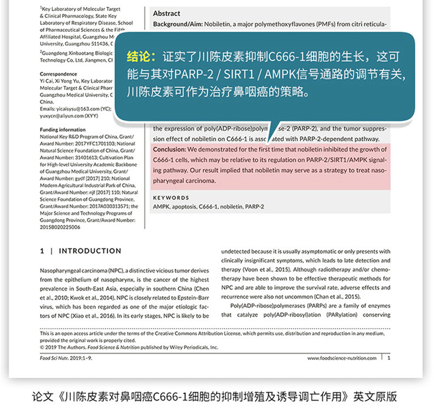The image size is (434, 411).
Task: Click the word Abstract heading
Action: (x=166, y=13)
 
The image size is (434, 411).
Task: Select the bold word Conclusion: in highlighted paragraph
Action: (x=170, y=149)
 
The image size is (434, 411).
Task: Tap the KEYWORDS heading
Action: (x=171, y=197)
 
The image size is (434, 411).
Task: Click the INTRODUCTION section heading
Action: (x=90, y=251)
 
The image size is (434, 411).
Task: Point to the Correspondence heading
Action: (x=59, y=74)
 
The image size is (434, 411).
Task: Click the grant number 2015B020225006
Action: (x=60, y=226)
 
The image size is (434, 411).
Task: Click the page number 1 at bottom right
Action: (x=389, y=358)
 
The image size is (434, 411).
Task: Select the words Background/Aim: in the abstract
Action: (x=177, y=25)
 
